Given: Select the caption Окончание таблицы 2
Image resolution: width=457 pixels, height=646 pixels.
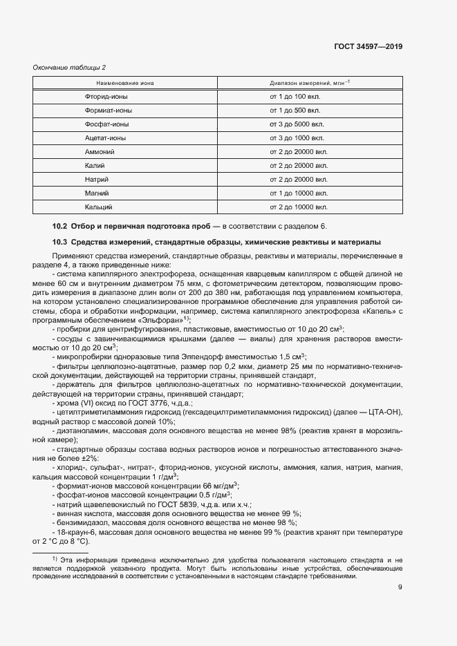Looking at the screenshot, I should [x=70, y=67].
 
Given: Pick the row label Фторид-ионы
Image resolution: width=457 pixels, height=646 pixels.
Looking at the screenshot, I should [x=106, y=96].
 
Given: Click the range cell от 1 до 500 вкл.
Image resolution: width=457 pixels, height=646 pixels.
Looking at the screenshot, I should [x=295, y=110].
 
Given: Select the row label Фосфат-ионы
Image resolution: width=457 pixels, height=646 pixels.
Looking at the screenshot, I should [x=106, y=124].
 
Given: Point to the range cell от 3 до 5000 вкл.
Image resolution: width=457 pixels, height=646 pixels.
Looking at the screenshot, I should [x=296, y=124].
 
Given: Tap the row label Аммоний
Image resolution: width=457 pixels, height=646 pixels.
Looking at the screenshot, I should [x=100, y=151].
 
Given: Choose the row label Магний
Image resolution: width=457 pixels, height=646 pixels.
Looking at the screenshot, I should [x=97, y=193].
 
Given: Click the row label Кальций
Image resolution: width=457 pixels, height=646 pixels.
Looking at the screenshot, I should [x=99, y=207].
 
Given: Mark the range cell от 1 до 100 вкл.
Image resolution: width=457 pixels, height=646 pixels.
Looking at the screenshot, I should [x=295, y=96].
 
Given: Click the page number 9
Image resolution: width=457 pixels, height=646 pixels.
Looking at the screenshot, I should [x=400, y=588].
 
